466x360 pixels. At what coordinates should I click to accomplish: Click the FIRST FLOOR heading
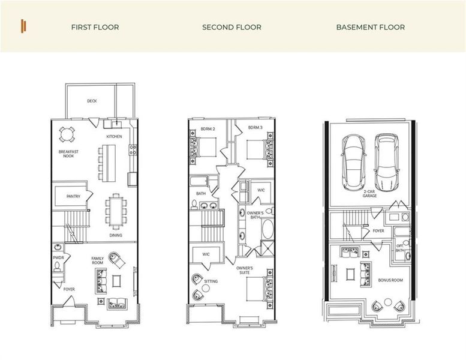click(x=95, y=27)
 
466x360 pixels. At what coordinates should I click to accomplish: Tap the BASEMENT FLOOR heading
click(x=370, y=27)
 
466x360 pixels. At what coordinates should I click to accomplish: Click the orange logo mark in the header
click(x=23, y=26)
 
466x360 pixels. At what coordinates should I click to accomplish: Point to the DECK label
click(x=92, y=101)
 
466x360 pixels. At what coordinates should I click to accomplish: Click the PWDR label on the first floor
click(x=58, y=259)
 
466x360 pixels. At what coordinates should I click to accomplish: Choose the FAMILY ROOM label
click(x=98, y=260)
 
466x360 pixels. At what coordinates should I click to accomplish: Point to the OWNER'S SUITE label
click(x=244, y=269)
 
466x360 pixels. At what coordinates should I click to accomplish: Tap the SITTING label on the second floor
click(x=211, y=281)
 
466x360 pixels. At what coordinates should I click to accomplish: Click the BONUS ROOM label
click(x=390, y=281)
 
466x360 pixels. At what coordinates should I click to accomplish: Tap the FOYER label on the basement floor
click(x=378, y=230)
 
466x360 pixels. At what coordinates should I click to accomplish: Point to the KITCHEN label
click(x=114, y=136)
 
